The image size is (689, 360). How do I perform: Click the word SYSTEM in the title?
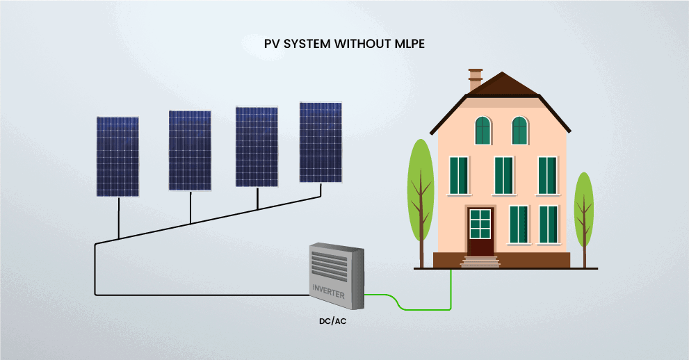[307, 43]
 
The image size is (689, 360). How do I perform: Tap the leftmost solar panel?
[117, 156]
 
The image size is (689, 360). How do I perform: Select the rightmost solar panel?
[321, 142]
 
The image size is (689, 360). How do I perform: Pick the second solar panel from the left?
[190, 149]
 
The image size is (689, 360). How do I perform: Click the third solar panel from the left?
[257, 146]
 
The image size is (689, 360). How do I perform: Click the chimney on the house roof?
[476, 79]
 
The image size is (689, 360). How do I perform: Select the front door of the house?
[480, 231]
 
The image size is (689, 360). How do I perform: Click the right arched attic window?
[519, 130]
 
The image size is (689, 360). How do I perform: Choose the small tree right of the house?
[584, 212]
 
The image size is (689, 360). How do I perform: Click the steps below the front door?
[480, 262]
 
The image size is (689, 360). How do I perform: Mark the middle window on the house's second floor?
[503, 175]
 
